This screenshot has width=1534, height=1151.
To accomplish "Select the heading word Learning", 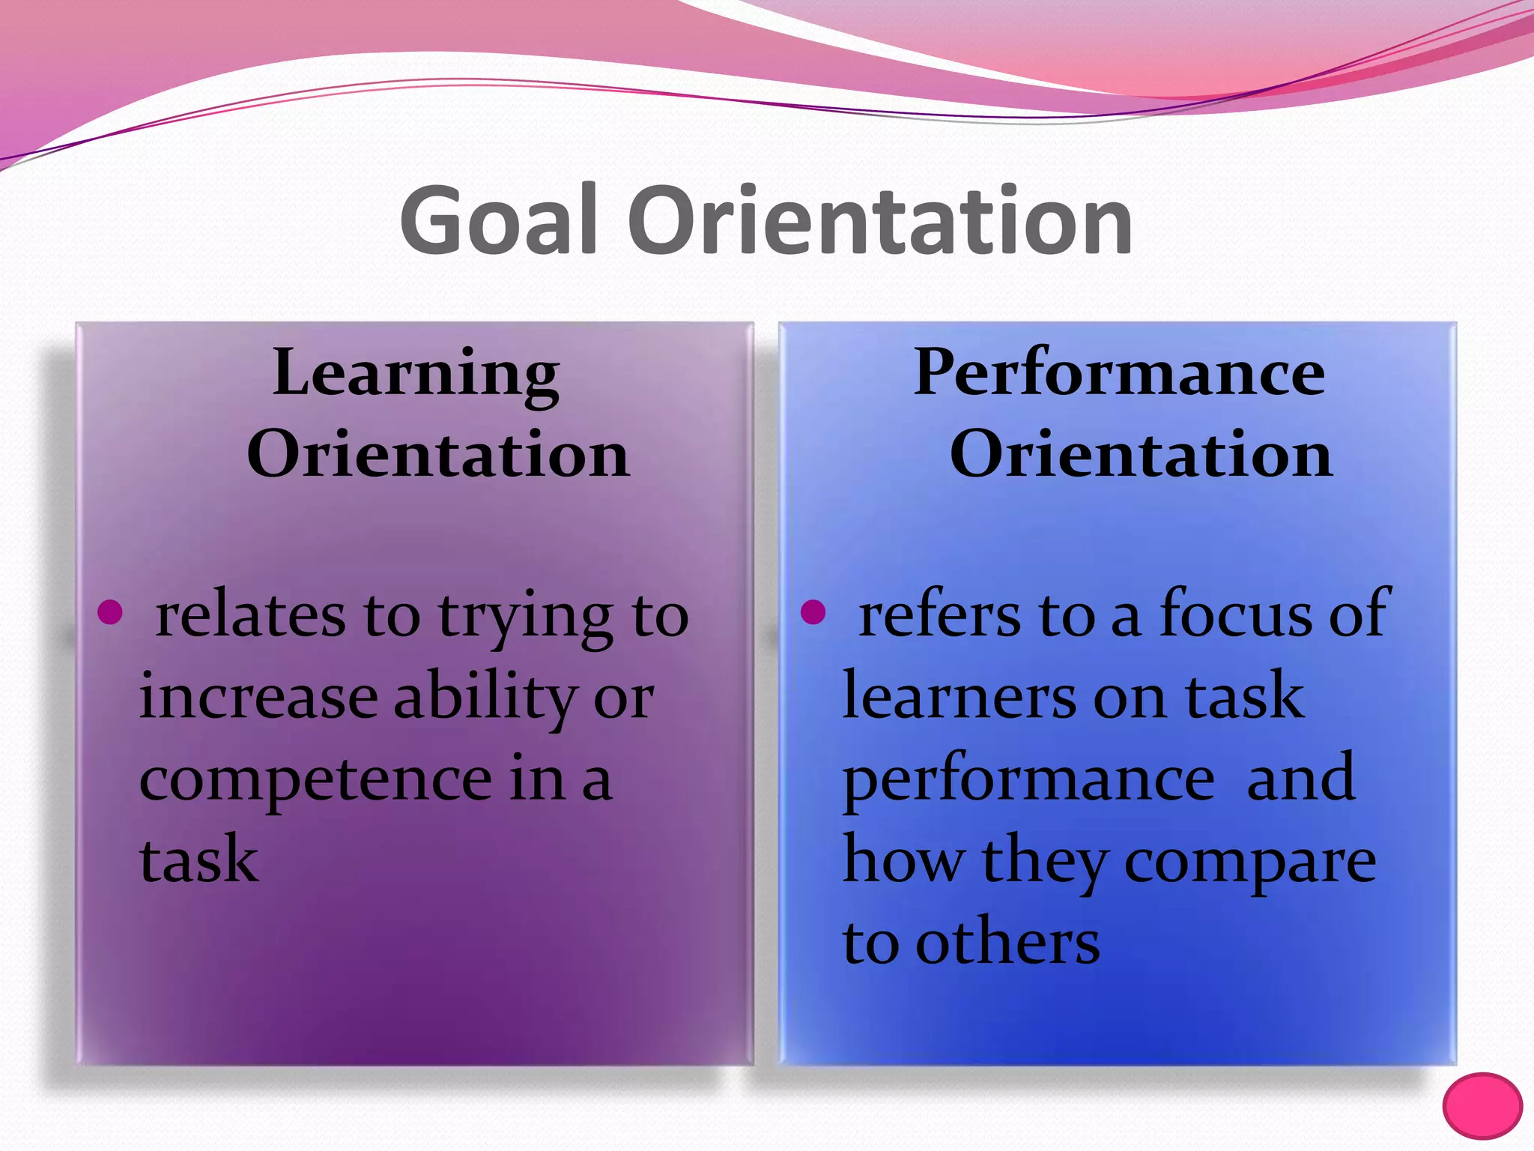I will tap(416, 373).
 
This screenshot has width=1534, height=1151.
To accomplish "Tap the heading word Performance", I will tap(1120, 373).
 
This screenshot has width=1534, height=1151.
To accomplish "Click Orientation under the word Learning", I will tap(438, 455).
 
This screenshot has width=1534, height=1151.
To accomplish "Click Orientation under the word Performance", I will tap(1141, 455).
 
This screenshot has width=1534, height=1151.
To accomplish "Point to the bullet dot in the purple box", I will tap(110, 611).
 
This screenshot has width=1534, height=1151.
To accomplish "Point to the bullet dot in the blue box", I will tap(813, 611).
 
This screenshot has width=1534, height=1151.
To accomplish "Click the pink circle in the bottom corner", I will tap(1482, 1106).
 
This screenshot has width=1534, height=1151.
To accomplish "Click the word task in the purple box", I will tap(198, 860).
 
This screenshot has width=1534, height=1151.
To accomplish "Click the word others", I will tap(1007, 943).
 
